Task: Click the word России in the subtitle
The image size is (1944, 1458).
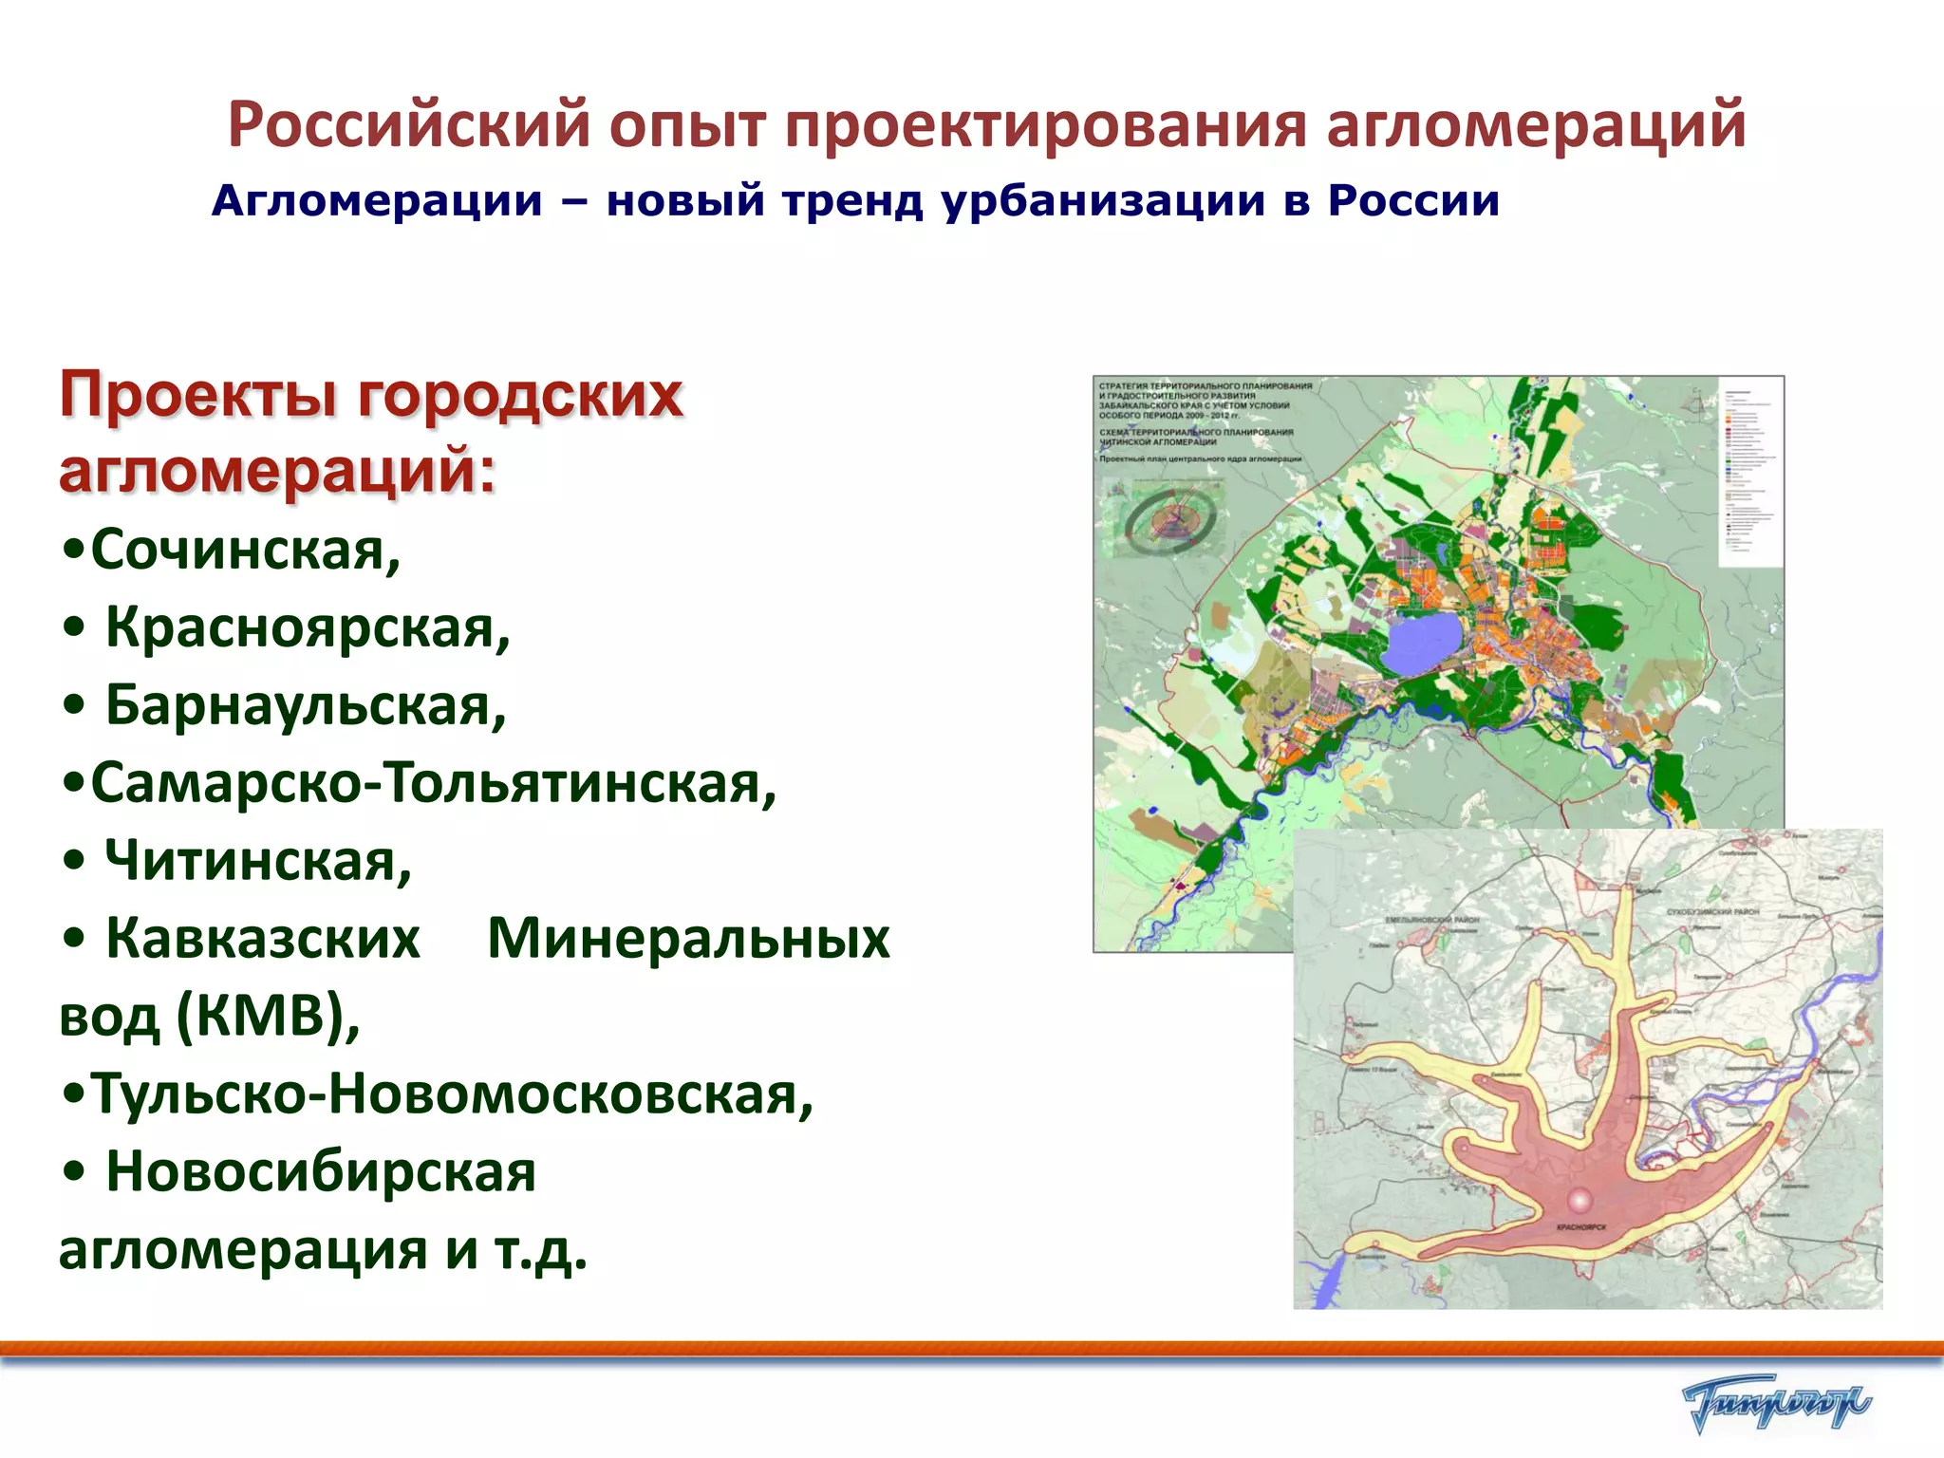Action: pyautogui.click(x=1413, y=201)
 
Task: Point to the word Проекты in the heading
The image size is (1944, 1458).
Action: pyautogui.click(x=198, y=395)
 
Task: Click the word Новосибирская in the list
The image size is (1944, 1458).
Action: pyautogui.click(x=321, y=1172)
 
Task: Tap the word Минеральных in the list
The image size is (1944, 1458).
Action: pyautogui.click(x=688, y=940)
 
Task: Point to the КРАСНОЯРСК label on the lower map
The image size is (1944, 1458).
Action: pyautogui.click(x=1581, y=1228)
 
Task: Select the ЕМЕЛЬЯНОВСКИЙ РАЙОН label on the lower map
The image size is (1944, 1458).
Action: pyautogui.click(x=1431, y=920)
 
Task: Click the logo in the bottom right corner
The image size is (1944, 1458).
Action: pyautogui.click(x=1775, y=1404)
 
